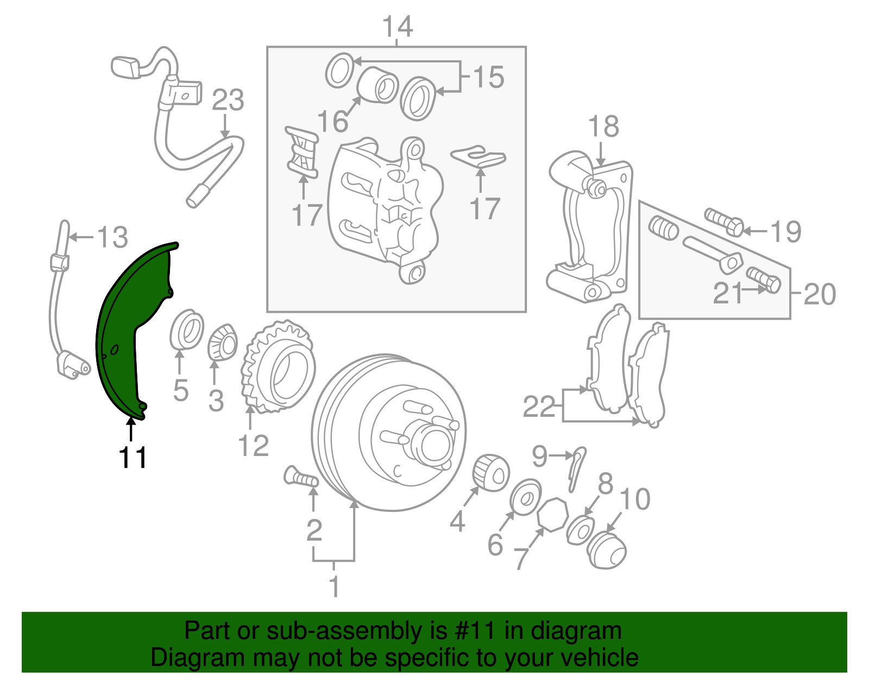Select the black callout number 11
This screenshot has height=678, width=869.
point(133,457)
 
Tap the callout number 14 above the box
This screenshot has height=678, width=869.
point(398,26)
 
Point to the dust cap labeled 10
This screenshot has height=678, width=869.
point(607,550)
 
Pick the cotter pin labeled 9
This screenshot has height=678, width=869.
point(577,467)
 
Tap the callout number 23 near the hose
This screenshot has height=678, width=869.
point(228,100)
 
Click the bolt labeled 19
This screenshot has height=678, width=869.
point(725,221)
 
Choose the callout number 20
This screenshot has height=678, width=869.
point(819,294)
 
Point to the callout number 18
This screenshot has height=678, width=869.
point(603,126)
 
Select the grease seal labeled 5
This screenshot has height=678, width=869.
point(186,330)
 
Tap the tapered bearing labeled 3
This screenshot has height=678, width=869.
point(223,343)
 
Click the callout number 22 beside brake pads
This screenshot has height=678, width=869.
point(539,407)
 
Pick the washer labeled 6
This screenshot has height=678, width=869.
point(526,496)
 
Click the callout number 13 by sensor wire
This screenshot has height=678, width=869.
point(112,237)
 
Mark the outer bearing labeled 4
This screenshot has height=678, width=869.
point(491,471)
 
